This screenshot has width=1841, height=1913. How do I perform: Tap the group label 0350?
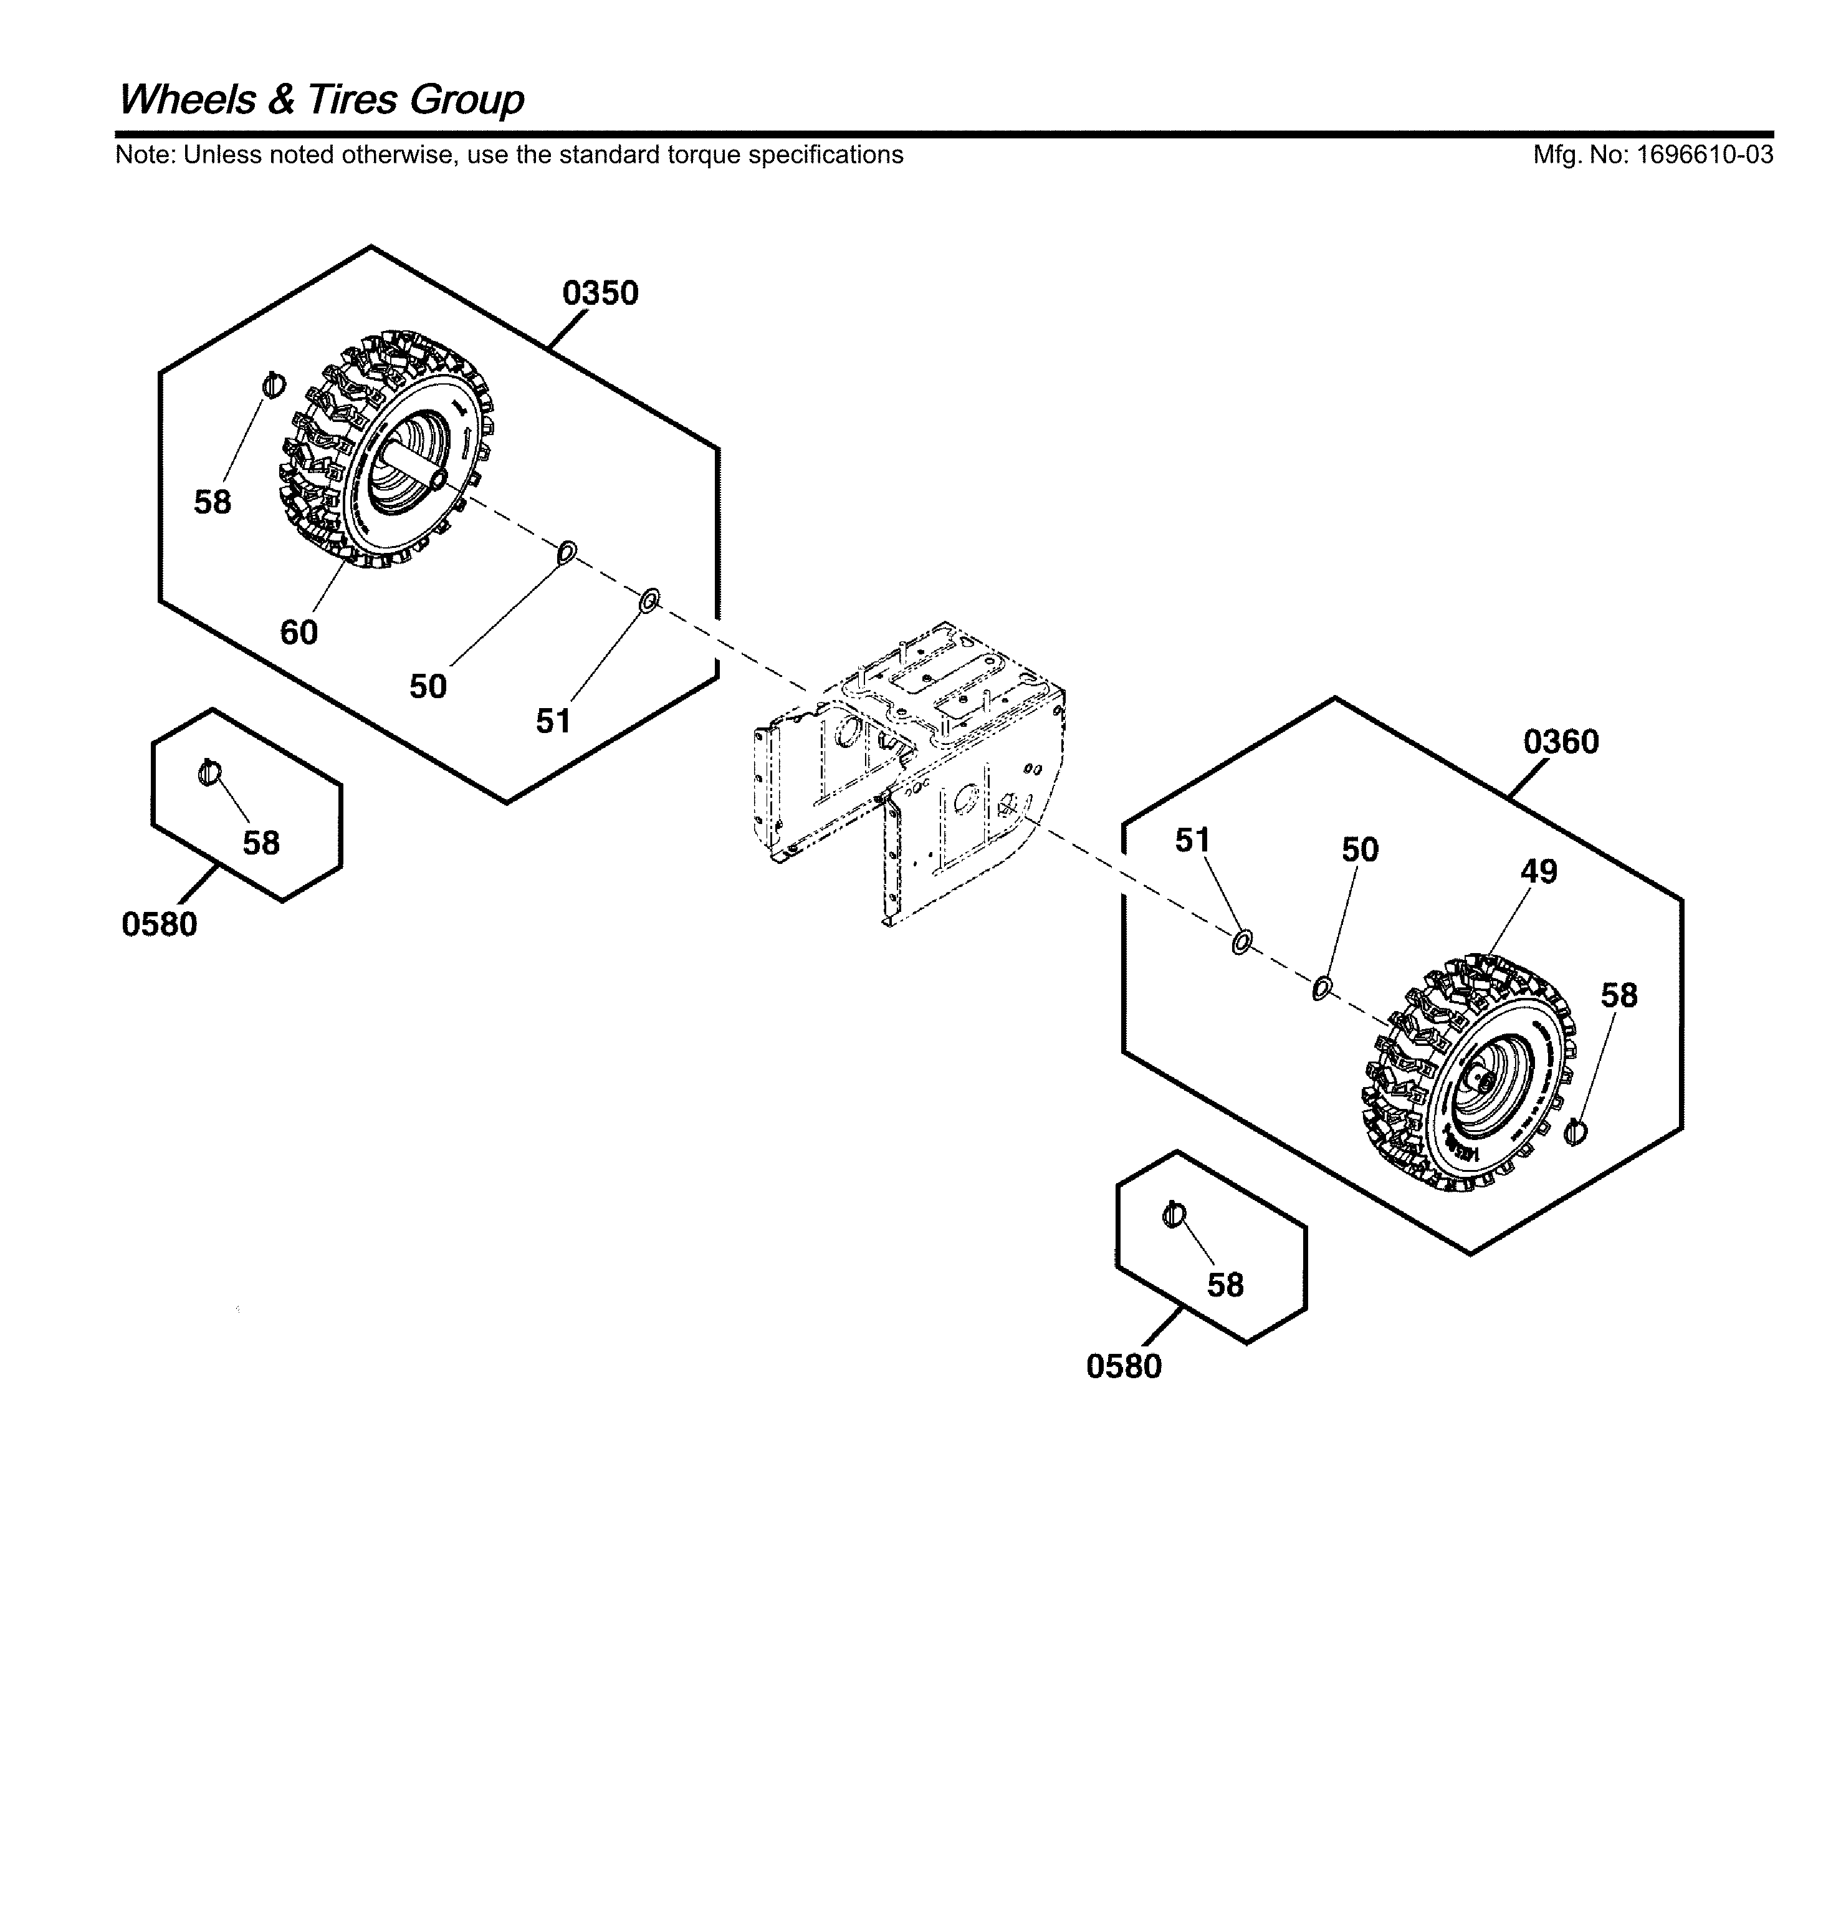[x=600, y=293]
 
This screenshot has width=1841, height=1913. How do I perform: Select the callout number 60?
[x=299, y=633]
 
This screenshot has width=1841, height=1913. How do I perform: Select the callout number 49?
[x=1539, y=871]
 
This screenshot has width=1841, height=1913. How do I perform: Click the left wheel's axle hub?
[x=437, y=478]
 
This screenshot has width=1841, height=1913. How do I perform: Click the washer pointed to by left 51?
[x=649, y=600]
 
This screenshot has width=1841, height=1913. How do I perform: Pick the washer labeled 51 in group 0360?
[x=1241, y=943]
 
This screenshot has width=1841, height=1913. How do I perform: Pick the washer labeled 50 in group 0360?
[x=1322, y=988]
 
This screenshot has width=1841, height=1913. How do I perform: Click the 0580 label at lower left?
[x=159, y=923]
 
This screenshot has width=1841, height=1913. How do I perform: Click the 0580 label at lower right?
[x=1123, y=1366]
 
